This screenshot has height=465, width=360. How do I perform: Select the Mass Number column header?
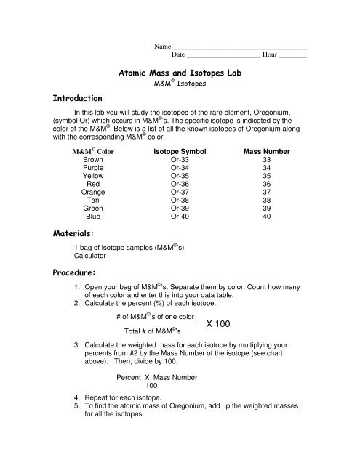pyautogui.click(x=266, y=152)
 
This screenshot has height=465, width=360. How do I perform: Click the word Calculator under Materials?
pyautogui.click(x=92, y=256)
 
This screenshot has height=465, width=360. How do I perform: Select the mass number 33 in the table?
pyautogui.click(x=266, y=161)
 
